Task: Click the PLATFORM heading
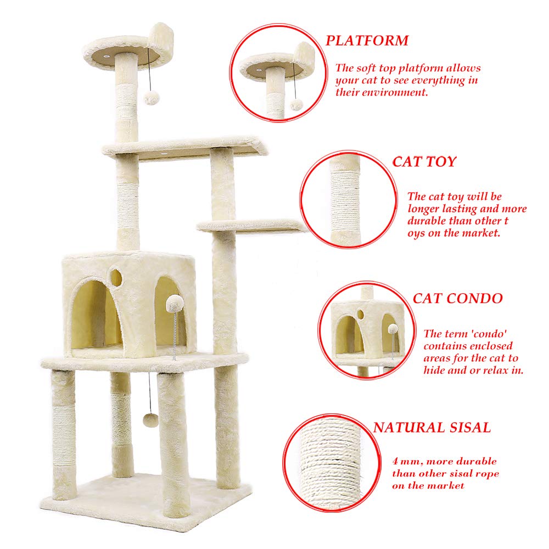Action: [367, 40]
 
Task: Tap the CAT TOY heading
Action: [424, 161]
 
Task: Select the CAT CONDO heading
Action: [457, 298]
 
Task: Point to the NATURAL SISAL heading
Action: [432, 427]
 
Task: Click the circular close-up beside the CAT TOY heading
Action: [349, 200]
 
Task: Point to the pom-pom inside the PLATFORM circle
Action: [296, 104]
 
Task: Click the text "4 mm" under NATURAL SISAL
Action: [405, 461]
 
